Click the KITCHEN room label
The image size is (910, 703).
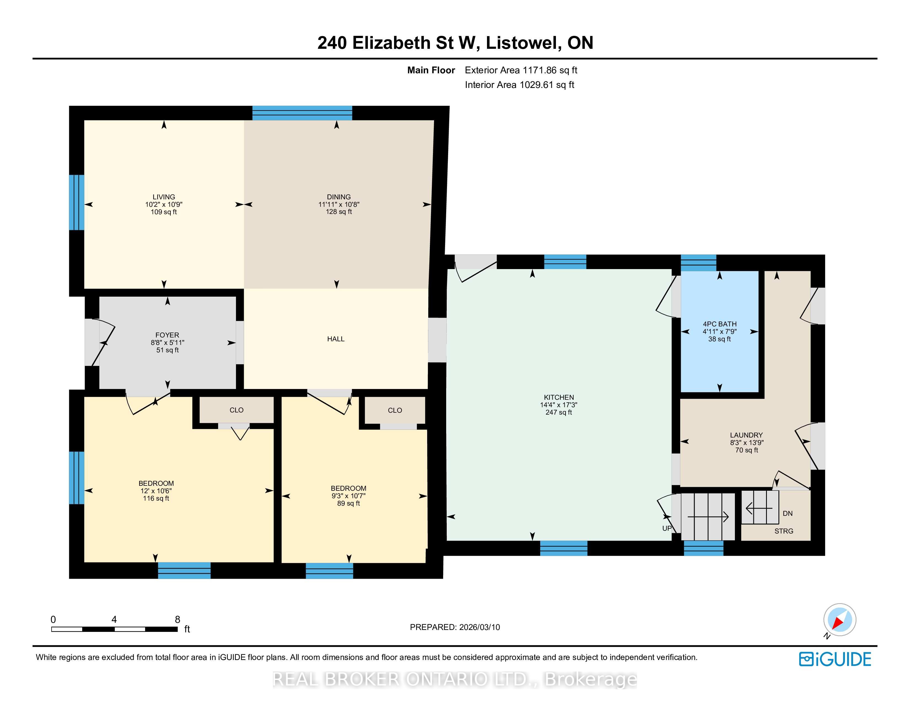559,397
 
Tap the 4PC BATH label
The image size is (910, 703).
719,324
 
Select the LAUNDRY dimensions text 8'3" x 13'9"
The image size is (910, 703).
746,443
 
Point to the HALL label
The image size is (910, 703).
336,339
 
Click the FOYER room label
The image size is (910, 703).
167,335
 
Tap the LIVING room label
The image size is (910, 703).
164,197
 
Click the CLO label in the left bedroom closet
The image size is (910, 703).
237,410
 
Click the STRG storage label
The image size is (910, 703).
784,532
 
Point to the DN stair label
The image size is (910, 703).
788,514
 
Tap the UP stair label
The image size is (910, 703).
667,528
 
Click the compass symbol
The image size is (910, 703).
840,620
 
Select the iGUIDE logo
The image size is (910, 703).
835,659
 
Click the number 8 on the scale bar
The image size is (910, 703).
178,620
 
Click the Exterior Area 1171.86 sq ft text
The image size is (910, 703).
521,70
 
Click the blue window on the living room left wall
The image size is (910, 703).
77,202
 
